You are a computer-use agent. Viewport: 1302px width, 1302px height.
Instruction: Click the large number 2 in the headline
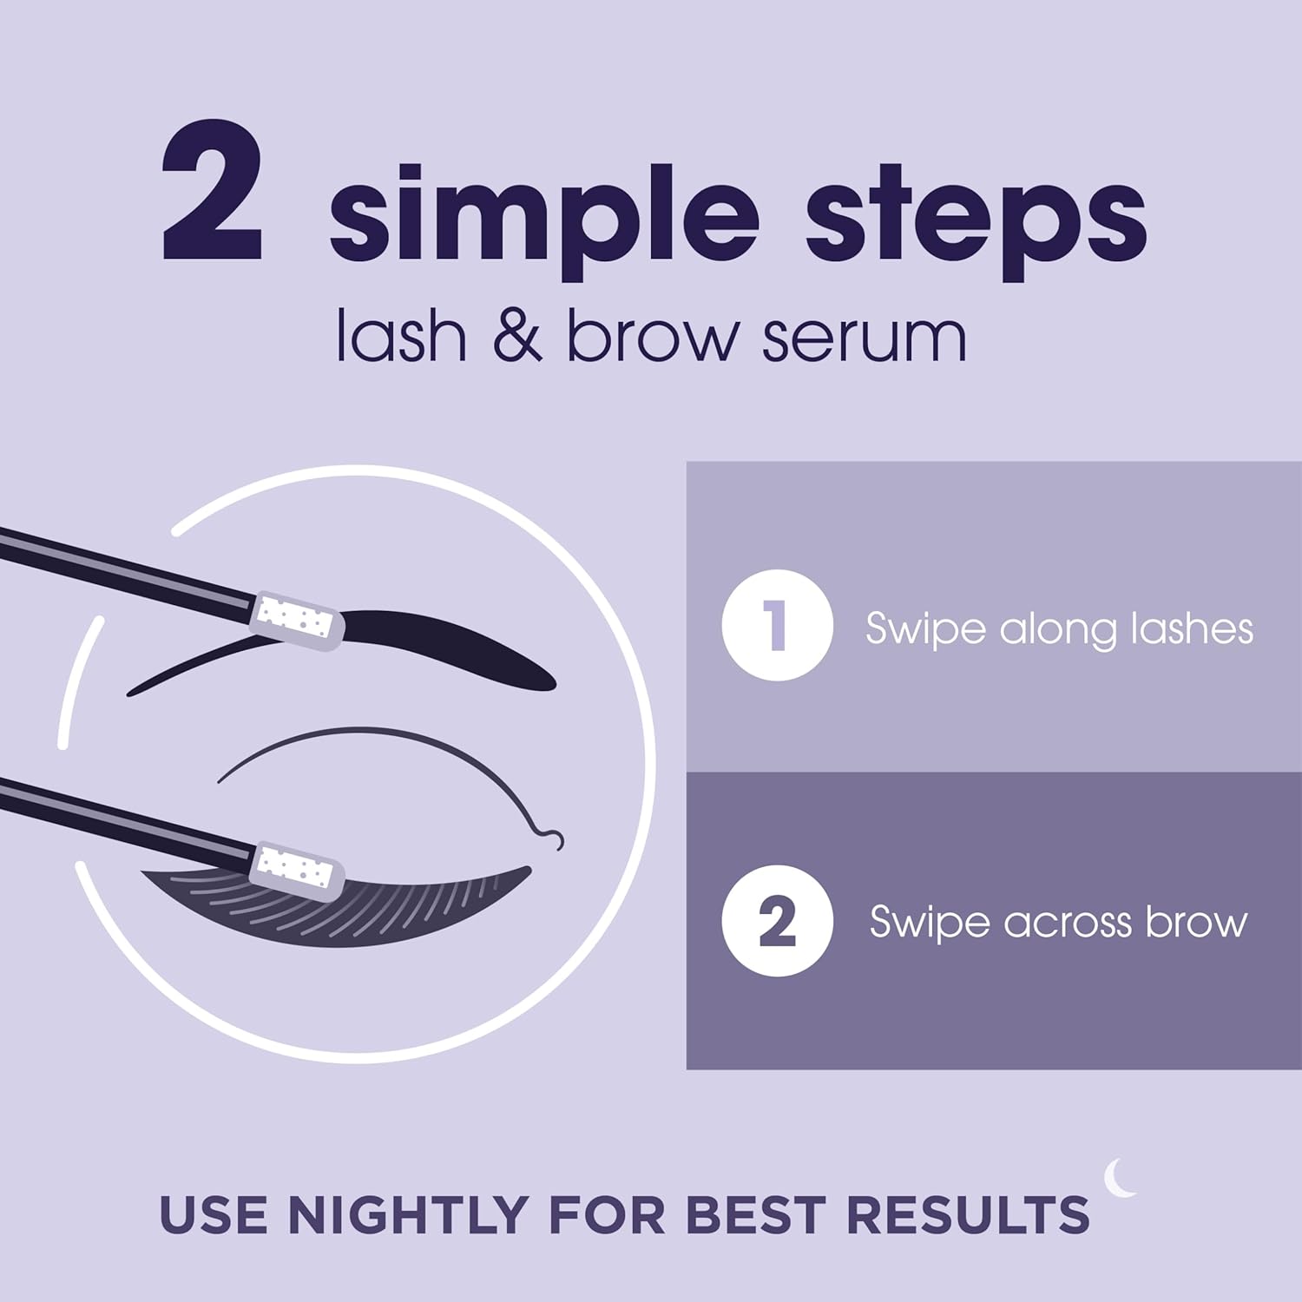pyautogui.click(x=213, y=193)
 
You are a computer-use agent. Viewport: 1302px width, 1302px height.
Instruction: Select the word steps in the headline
pyautogui.click(x=976, y=217)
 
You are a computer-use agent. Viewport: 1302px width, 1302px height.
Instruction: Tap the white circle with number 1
pyautogui.click(x=777, y=625)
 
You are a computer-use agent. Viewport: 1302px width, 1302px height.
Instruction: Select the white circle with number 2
pyautogui.click(x=777, y=921)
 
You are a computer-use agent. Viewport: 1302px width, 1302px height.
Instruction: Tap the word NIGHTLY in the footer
pyautogui.click(x=409, y=1214)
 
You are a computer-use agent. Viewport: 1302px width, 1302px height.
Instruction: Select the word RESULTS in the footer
pyautogui.click(x=967, y=1214)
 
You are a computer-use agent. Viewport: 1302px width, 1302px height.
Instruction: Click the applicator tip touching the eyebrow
pyautogui.click(x=295, y=621)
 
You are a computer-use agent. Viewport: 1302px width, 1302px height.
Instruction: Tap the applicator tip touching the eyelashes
pyautogui.click(x=295, y=868)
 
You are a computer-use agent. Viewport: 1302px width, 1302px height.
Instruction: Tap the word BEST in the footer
pyautogui.click(x=754, y=1214)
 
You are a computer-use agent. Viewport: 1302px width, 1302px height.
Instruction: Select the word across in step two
pyautogui.click(x=1067, y=923)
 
